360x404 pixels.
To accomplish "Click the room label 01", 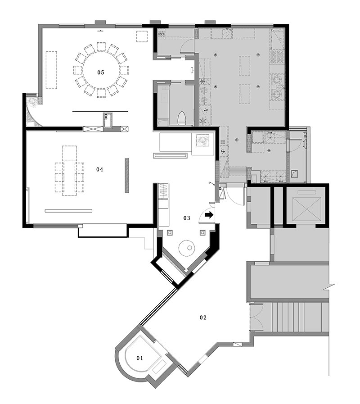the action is pyautogui.click(x=139, y=358).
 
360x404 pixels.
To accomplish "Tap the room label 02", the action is pyautogui.click(x=203, y=318).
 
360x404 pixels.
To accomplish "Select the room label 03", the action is pyautogui.click(x=187, y=218).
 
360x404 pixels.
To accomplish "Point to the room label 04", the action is pyautogui.click(x=99, y=169).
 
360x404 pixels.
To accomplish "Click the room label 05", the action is pyautogui.click(x=101, y=73).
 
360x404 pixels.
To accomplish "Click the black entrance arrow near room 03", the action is pyautogui.click(x=209, y=215).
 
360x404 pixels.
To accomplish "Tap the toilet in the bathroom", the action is pyautogui.click(x=182, y=118).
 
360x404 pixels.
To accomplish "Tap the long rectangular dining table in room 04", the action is pyautogui.click(x=69, y=171).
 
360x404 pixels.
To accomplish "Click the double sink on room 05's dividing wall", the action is pyautogui.click(x=108, y=120).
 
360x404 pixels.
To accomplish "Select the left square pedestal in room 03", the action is pyautogui.click(x=170, y=233).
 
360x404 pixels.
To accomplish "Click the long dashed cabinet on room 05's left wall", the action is pyautogui.click(x=51, y=70).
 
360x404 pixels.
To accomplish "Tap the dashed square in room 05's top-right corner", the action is pyautogui.click(x=142, y=36).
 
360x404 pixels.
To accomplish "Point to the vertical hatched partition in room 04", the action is pyautogui.click(x=127, y=175).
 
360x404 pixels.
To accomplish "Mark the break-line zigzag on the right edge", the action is pyautogui.click(x=331, y=285).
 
